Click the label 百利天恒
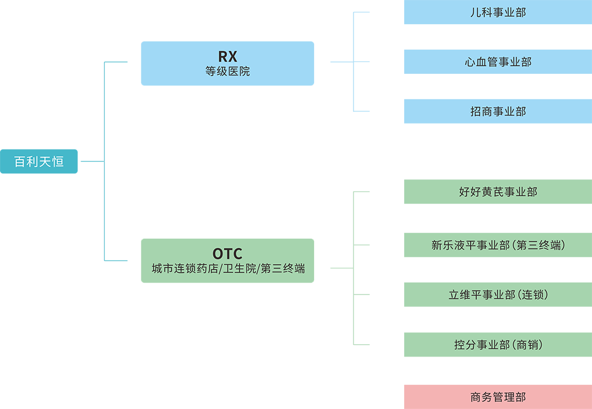39,162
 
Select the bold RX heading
227,57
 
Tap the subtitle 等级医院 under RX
227,72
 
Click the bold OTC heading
227,253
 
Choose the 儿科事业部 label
498,12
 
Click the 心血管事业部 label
498,62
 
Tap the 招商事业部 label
498,112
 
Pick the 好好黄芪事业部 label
498,192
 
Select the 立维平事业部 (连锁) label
498,295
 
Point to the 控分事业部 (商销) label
498,345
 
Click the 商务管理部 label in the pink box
498,397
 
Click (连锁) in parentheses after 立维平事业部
532,295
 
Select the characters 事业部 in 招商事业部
509,112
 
